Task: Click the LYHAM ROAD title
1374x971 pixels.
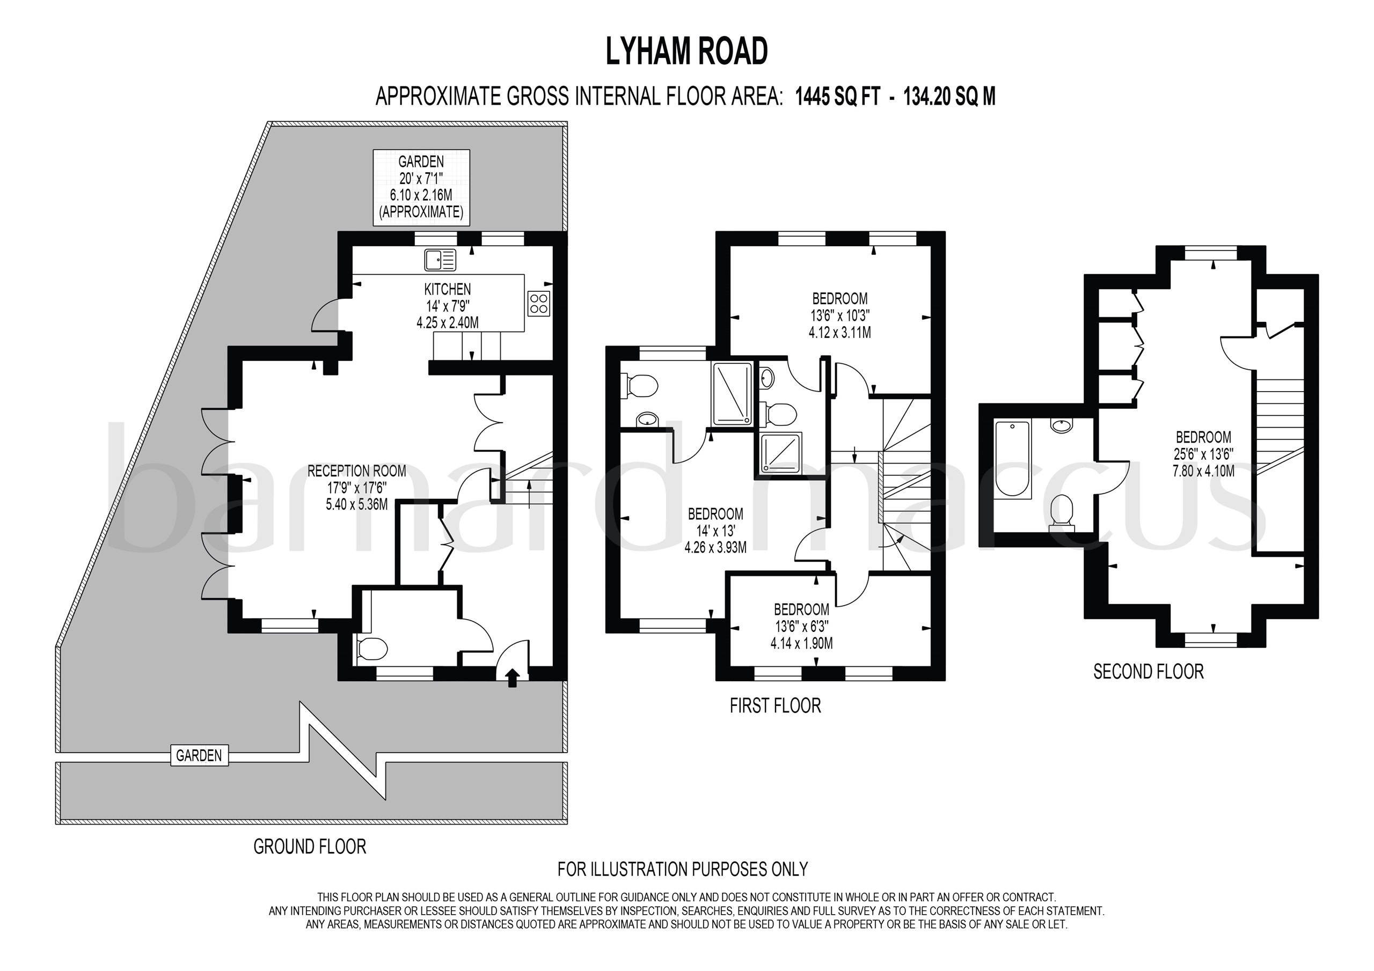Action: pos(686,52)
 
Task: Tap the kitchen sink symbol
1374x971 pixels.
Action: pos(440,260)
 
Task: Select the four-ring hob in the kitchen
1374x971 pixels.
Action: pos(538,303)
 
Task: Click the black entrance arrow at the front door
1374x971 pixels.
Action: pos(512,678)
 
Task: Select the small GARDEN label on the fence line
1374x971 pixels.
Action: pos(199,756)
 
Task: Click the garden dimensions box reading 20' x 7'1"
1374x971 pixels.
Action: pos(421,187)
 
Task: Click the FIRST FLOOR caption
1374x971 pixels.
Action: pos(775,706)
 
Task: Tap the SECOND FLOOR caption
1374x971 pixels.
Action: pos(1149,671)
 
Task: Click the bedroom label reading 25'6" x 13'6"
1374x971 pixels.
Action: pos(1203,453)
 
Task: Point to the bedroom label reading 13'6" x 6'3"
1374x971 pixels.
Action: pos(801,626)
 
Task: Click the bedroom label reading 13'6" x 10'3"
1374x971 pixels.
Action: pos(839,315)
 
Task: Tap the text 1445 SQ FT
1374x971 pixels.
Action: pos(837,97)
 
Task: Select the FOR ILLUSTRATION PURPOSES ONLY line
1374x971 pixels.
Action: pos(683,869)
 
